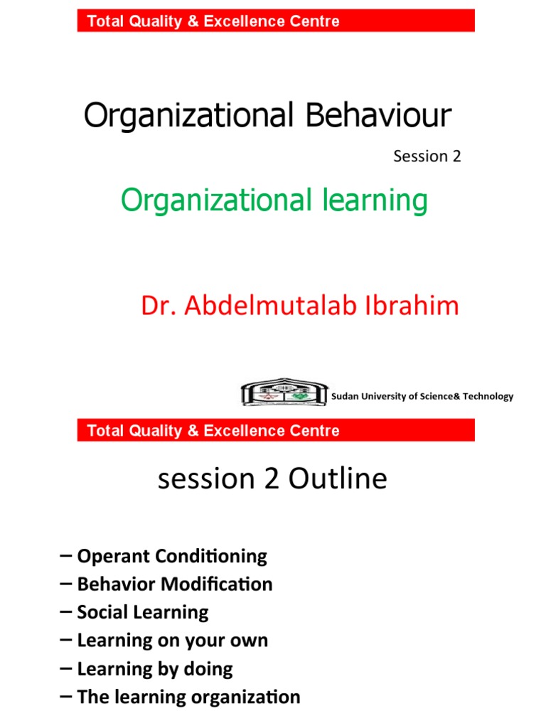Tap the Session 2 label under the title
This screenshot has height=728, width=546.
click(427, 156)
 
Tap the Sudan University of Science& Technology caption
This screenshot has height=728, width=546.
click(422, 397)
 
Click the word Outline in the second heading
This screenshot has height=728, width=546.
click(338, 479)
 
